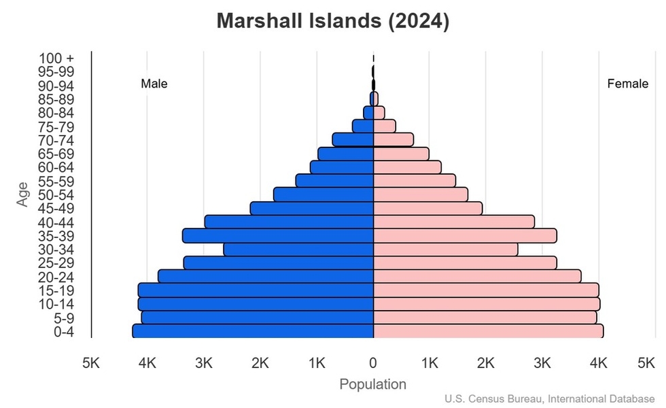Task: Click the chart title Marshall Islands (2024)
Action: tap(333, 21)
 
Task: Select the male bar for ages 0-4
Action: tap(253, 331)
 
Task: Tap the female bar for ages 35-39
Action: tap(465, 235)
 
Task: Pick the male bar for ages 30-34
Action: tap(298, 250)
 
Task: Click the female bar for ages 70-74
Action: tap(393, 139)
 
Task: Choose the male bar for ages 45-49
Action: tap(312, 208)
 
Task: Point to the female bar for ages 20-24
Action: tap(477, 276)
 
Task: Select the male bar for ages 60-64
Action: tap(342, 167)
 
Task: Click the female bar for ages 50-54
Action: tap(421, 194)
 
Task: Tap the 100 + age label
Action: tap(55, 58)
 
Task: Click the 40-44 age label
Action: tap(55, 222)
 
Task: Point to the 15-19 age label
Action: tap(55, 290)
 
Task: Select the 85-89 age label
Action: tap(55, 99)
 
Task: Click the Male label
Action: tap(154, 84)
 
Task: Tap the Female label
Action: tap(627, 84)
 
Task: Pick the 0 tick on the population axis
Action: tap(373, 363)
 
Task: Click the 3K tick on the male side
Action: tap(204, 363)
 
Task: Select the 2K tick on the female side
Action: tap(485, 363)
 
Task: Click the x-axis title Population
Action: tap(372, 384)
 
